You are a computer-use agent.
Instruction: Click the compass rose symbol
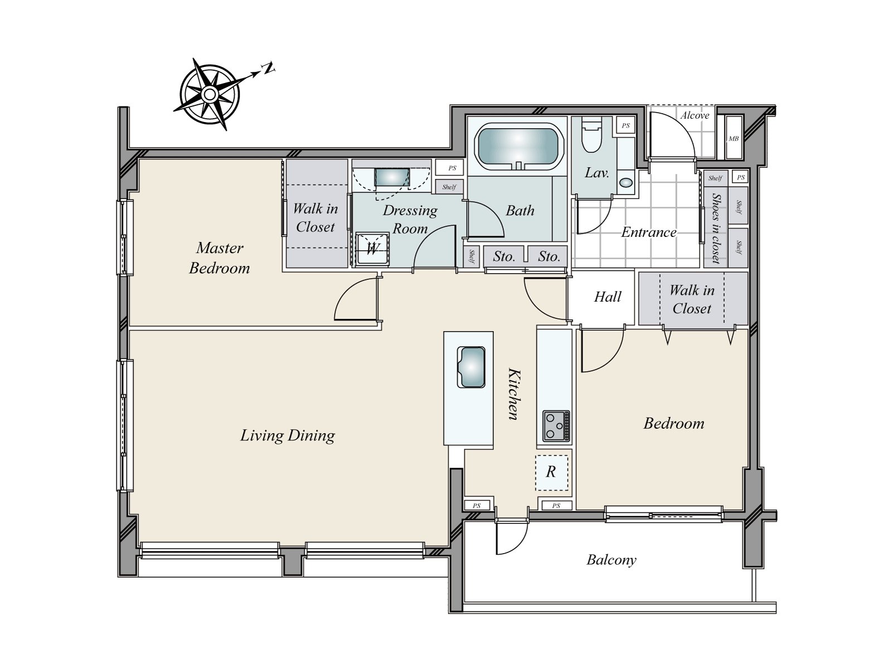click(209, 94)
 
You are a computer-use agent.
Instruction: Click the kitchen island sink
click(471, 367)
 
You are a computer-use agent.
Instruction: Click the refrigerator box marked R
click(551, 472)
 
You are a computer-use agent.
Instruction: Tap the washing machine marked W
click(372, 249)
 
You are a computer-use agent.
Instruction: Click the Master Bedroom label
click(220, 258)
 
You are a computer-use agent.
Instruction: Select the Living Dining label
click(287, 435)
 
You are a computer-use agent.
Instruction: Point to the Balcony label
click(611, 560)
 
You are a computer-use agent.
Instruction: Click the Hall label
click(608, 297)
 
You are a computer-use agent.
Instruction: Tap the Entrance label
click(648, 232)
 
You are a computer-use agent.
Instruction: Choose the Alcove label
click(695, 115)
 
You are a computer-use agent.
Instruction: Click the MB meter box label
click(734, 138)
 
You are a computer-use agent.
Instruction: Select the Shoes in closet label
click(716, 228)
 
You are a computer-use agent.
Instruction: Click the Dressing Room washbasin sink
click(392, 177)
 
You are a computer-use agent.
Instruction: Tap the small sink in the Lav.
click(627, 182)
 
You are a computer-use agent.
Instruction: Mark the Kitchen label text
click(513, 394)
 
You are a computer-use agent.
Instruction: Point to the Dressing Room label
click(410, 219)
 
